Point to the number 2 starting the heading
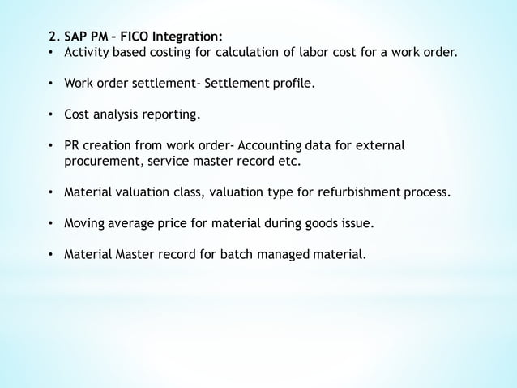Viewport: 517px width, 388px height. point(50,37)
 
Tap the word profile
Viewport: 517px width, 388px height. point(291,84)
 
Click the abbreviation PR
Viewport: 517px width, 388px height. point(73,146)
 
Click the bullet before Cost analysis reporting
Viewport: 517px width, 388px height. point(51,115)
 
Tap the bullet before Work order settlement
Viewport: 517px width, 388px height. point(51,84)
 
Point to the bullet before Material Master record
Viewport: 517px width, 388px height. point(51,254)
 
